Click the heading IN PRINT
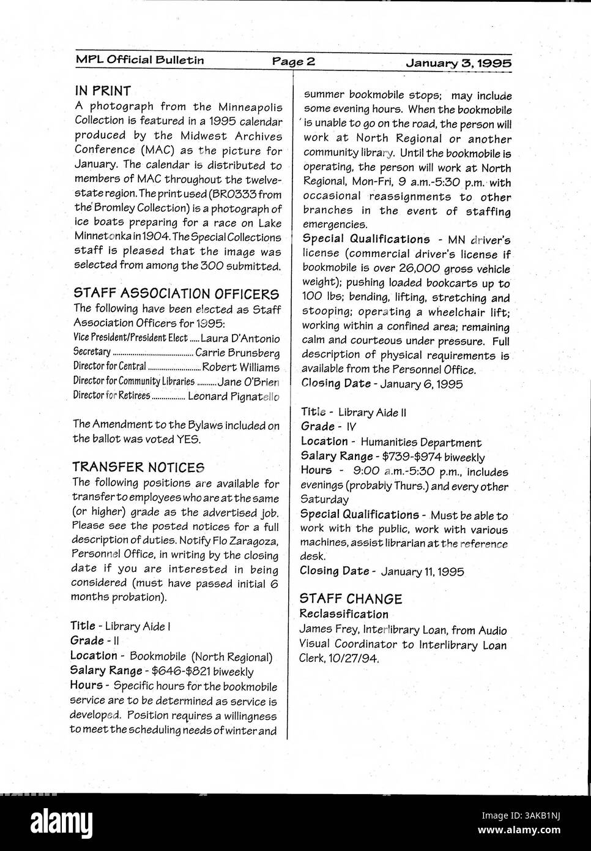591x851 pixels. pyautogui.click(x=103, y=91)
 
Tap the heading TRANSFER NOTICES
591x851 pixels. pyautogui.click(x=138, y=468)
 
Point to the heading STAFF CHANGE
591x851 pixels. pyautogui.click(x=351, y=599)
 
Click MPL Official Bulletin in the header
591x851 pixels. pyautogui.click(x=140, y=60)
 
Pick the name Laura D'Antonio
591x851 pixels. pyautogui.click(x=240, y=339)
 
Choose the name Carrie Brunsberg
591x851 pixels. pyautogui.click(x=237, y=353)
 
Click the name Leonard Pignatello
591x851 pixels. pyautogui.click(x=233, y=397)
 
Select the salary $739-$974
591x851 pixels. pyautogui.click(x=411, y=457)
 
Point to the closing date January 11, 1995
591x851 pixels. pyautogui.click(x=422, y=572)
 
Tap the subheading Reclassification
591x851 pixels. pyautogui.click(x=344, y=614)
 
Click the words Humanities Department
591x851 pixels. pyautogui.click(x=421, y=442)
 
